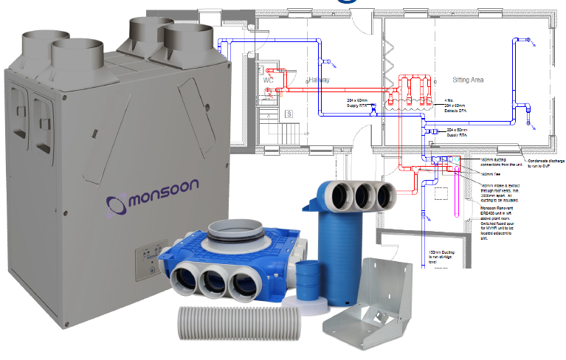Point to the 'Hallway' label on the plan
pyautogui.click(x=314, y=79)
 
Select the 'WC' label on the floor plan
pyautogui.click(x=268, y=80)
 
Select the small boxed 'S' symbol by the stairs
pyautogui.click(x=290, y=113)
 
